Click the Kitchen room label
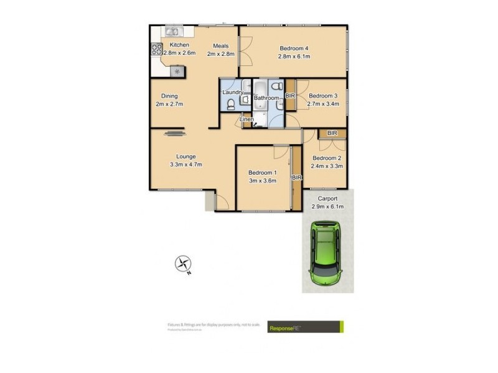(x=179, y=45)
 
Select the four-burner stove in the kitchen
(x=155, y=50)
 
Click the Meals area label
(x=221, y=45)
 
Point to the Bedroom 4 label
(x=294, y=48)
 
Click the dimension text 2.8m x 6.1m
(x=294, y=57)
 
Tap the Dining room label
(x=169, y=96)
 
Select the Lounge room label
(x=186, y=156)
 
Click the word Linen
(x=247, y=119)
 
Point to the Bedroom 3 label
(x=323, y=96)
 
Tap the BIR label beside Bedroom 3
(x=289, y=96)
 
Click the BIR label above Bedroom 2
(x=332, y=133)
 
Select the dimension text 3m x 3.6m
(x=263, y=181)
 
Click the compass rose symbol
(x=183, y=264)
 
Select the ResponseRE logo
(x=305, y=327)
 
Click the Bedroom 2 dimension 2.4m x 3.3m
(x=327, y=166)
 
